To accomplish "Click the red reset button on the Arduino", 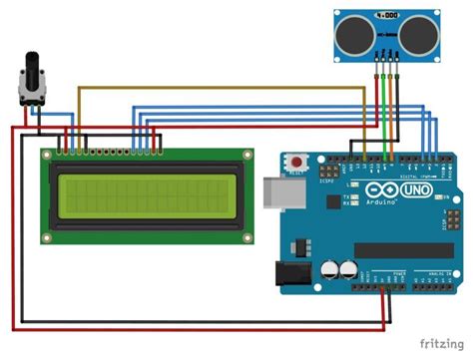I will [295, 161].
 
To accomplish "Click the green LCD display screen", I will [145, 194].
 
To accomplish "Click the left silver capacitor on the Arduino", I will [328, 269].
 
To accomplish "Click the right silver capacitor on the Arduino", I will [349, 269].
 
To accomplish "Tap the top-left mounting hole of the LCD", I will [47, 155].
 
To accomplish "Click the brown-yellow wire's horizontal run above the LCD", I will [220, 87].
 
